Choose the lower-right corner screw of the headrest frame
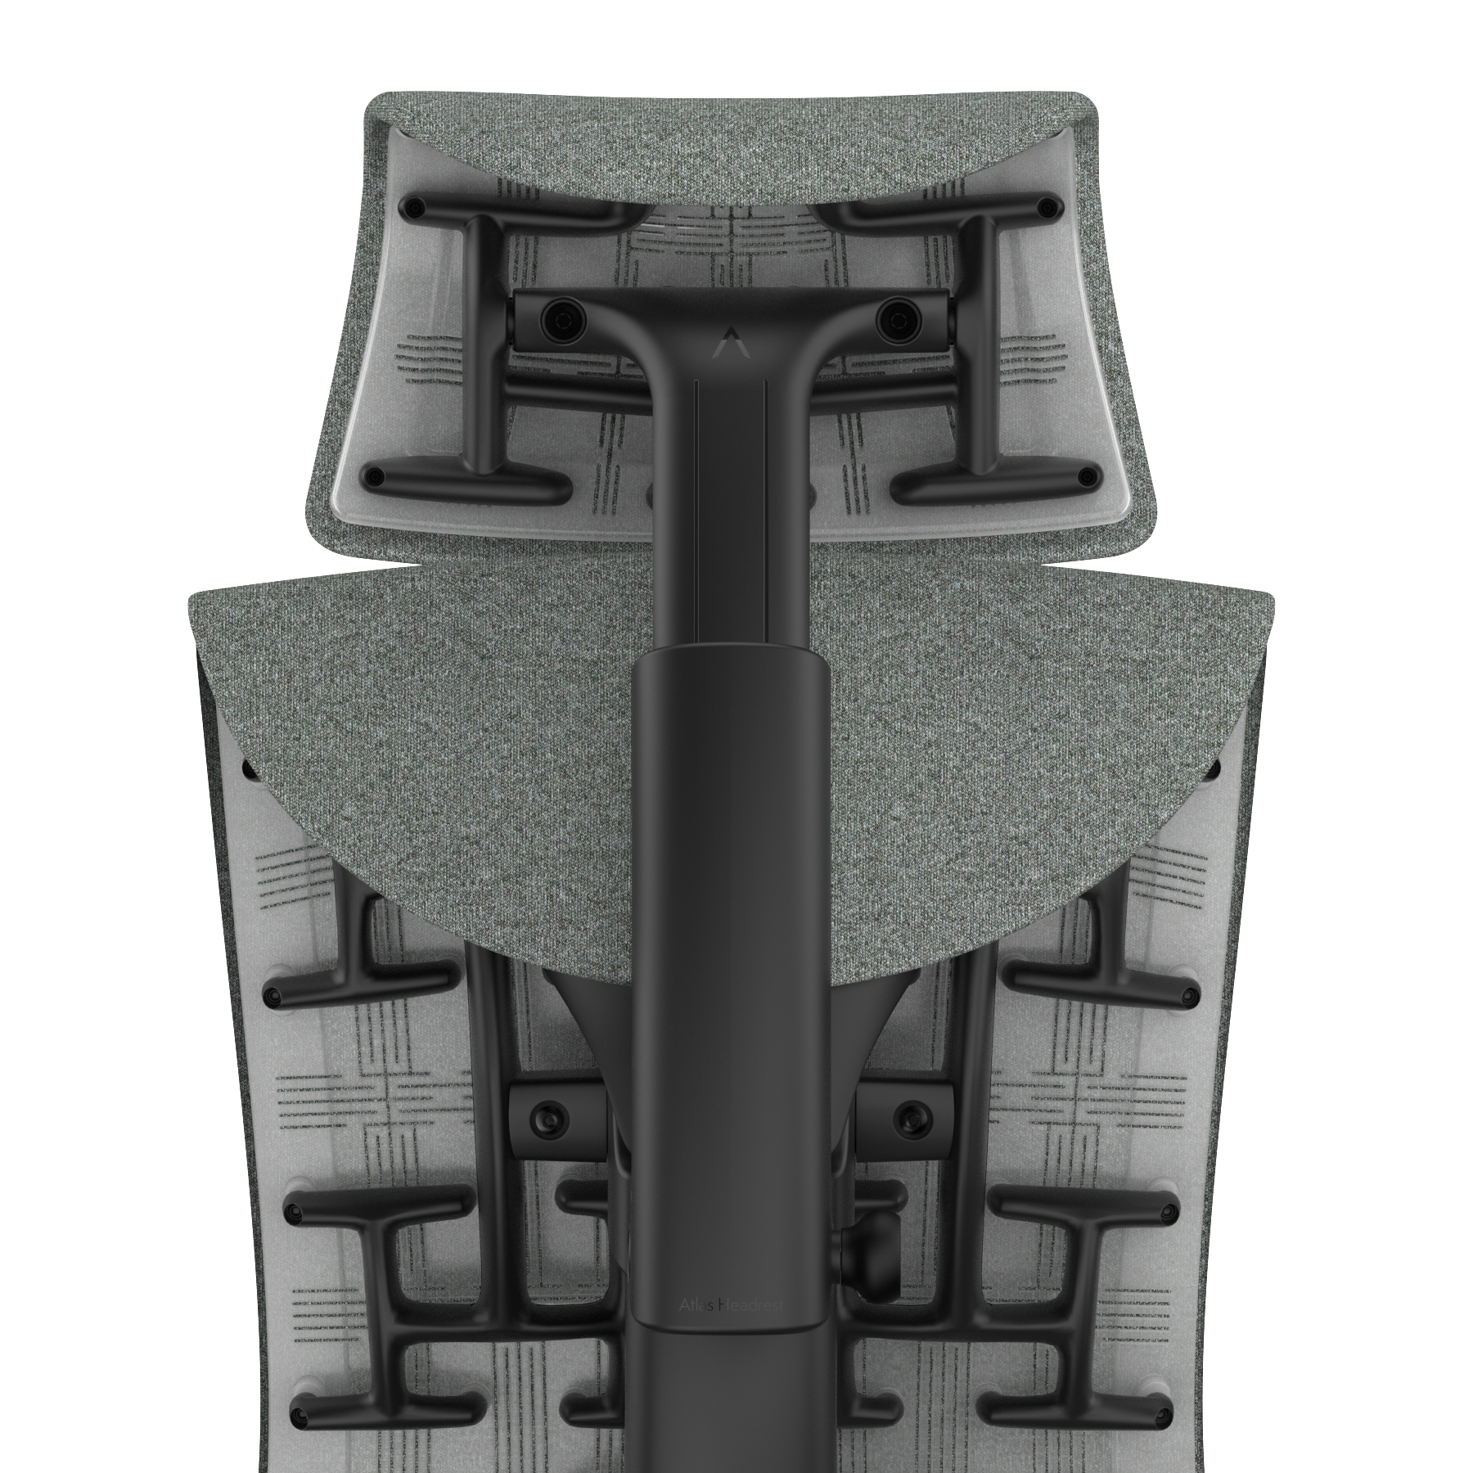click(1086, 475)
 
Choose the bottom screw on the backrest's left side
click(299, 1414)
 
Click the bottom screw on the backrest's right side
click(1162, 1414)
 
